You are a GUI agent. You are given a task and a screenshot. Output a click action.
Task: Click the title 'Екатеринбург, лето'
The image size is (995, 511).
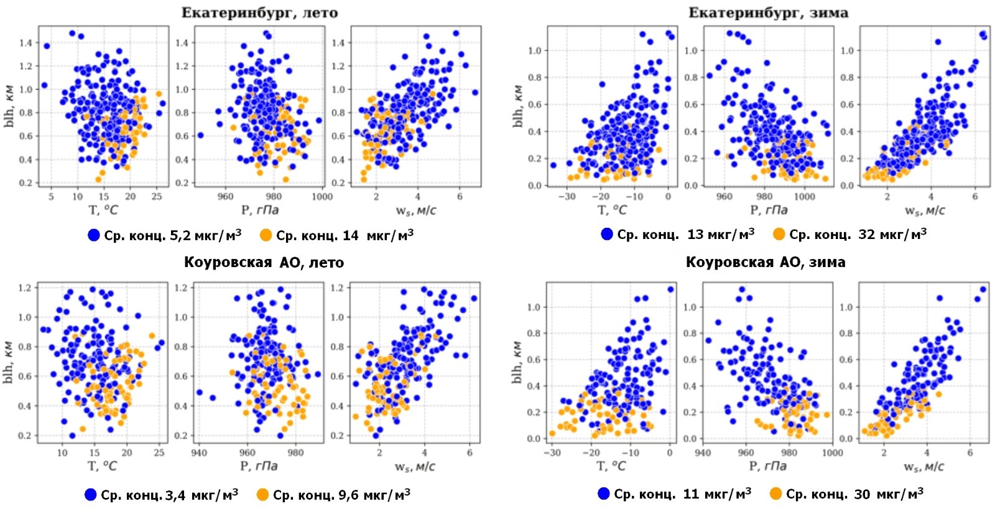pos(259,12)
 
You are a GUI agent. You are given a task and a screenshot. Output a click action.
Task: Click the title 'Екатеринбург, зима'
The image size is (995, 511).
pos(768,12)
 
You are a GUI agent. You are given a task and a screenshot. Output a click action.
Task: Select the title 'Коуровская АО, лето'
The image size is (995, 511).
pos(264,262)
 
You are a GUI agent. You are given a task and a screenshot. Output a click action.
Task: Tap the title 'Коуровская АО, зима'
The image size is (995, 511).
pos(766,262)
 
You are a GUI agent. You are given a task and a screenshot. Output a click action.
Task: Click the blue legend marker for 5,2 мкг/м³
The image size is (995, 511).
pos(94,235)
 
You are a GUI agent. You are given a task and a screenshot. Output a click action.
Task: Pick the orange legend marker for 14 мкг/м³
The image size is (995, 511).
pos(266,235)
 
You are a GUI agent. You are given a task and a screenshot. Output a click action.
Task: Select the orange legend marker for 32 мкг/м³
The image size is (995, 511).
pos(779,234)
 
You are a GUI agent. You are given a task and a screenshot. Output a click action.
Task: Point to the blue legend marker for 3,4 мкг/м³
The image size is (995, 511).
pos(91,495)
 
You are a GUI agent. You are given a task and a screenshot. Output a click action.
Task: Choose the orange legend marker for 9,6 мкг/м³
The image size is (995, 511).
pos(263,495)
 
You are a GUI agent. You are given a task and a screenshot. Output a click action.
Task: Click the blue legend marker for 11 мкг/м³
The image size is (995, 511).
pos(604,494)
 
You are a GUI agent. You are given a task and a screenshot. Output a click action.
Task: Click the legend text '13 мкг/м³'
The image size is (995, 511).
pos(721,234)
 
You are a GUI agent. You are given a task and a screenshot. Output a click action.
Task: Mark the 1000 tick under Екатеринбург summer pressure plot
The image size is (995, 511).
pos(322,197)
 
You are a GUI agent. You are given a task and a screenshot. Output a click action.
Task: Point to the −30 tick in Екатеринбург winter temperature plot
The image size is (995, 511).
pos(567,197)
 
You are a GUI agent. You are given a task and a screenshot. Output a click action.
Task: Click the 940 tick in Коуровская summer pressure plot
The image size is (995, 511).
pos(199,452)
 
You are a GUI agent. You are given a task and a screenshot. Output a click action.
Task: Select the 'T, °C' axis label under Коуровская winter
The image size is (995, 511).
pos(611,466)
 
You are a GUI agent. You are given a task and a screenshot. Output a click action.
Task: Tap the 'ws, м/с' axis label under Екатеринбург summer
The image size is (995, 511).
pos(416,210)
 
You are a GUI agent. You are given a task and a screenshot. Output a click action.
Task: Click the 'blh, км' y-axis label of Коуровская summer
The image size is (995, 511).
pos(10,362)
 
